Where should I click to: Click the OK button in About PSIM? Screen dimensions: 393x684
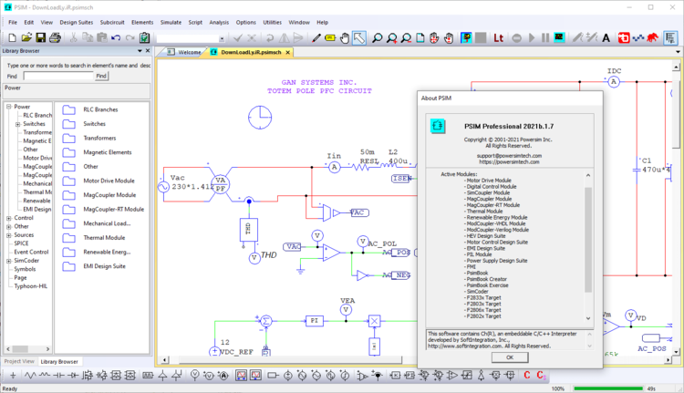[x=510, y=357]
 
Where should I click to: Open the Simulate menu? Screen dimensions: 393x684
[x=171, y=21]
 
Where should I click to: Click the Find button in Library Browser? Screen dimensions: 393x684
[x=101, y=77]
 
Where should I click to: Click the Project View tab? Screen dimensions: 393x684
[x=19, y=361]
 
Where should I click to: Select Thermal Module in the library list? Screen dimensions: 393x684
[x=104, y=237]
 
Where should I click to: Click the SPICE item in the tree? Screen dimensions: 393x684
[x=21, y=243]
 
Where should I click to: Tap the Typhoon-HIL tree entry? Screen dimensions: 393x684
[x=31, y=285]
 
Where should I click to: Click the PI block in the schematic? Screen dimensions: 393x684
[x=313, y=321]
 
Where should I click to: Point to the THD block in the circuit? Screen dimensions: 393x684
[x=248, y=230]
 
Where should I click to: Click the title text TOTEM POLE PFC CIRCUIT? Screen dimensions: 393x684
[x=319, y=91]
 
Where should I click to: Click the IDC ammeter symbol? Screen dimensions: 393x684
[x=614, y=82]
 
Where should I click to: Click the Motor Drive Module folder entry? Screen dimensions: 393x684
[x=109, y=181]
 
